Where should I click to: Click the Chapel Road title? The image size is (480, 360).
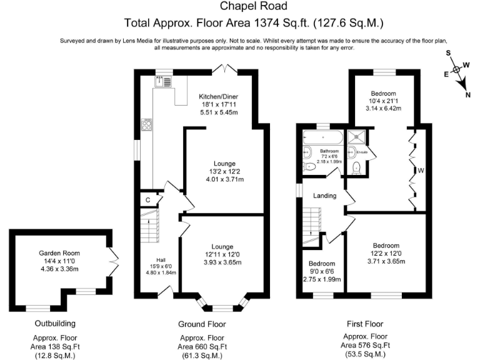click(253, 7)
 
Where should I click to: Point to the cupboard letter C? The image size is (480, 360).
click(147, 200)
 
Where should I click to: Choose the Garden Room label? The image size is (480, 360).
click(59, 253)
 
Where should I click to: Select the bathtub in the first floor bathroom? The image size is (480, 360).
click(322, 137)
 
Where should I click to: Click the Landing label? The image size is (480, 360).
click(325, 196)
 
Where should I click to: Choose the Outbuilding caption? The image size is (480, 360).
click(55, 324)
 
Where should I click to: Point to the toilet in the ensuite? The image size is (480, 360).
click(356, 167)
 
